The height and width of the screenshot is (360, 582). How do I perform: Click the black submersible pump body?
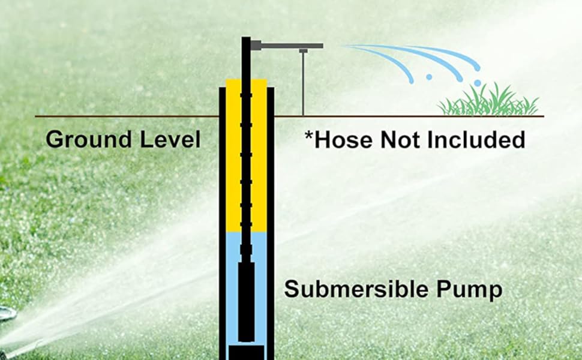point(246,300)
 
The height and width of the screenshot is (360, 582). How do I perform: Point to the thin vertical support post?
point(303,84)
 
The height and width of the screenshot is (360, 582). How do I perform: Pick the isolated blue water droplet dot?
point(430,77)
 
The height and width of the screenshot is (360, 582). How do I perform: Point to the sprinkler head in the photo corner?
point(6,314)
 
